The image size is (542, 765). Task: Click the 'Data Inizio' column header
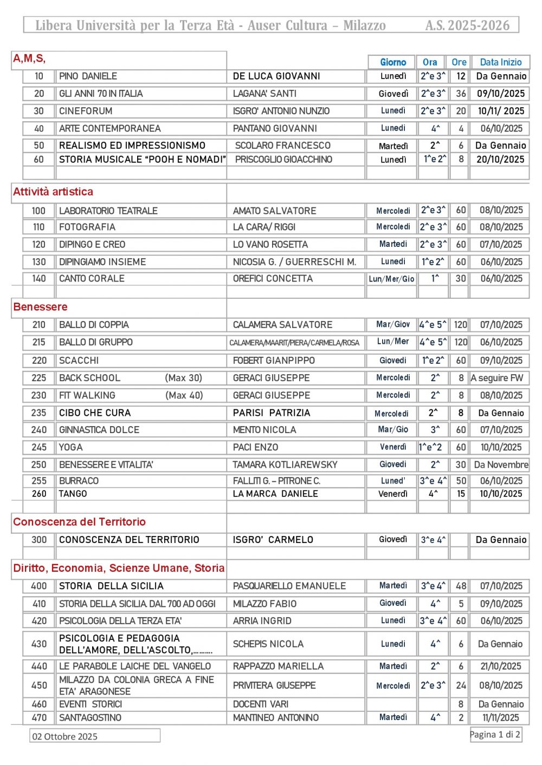[x=500, y=62]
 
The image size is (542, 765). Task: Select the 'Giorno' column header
[x=392, y=62]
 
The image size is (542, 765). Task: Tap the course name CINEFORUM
[x=86, y=111]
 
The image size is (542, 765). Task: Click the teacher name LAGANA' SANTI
[x=264, y=94]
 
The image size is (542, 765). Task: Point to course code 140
[x=38, y=278]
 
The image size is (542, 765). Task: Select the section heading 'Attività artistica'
[x=53, y=192]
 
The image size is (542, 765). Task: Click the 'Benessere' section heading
[x=41, y=307]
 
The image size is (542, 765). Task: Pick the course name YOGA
[x=71, y=447]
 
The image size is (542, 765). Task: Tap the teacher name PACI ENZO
[x=255, y=447]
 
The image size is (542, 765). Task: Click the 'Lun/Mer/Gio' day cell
[x=391, y=279]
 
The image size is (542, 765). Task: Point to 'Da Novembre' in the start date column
[x=501, y=465]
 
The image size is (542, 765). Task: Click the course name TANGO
[x=73, y=494]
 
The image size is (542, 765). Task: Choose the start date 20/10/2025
[x=500, y=160]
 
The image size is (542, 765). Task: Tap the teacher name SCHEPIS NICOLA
[x=268, y=644]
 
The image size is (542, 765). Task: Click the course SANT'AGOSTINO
[x=90, y=717]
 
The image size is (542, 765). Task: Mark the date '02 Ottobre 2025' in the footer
[x=65, y=736]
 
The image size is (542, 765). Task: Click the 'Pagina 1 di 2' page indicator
[x=495, y=735]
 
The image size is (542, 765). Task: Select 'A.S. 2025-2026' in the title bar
[x=467, y=25]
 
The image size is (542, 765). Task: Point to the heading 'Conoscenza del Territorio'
[x=80, y=522]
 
